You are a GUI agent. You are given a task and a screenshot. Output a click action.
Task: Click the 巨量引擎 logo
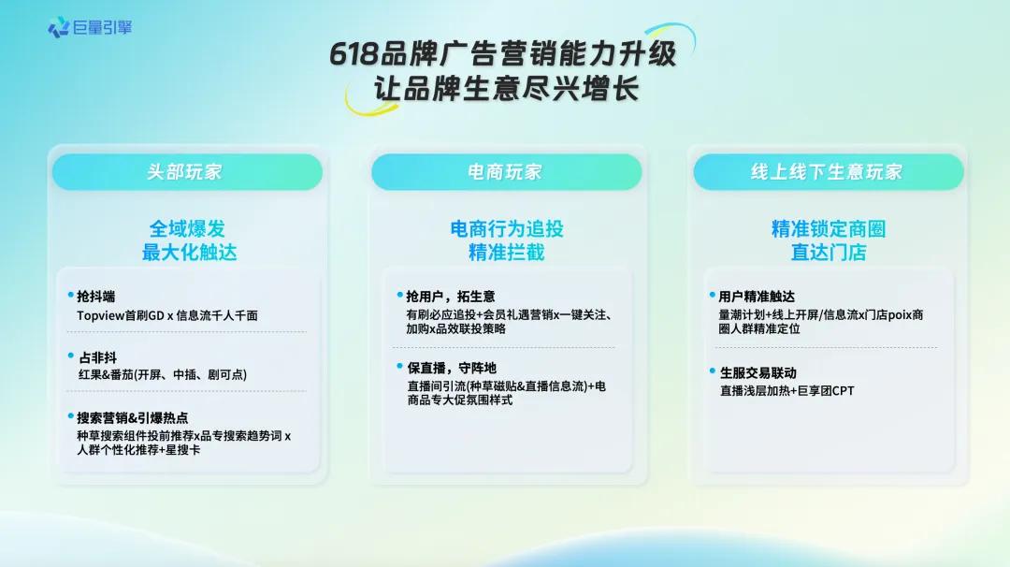pyautogui.click(x=90, y=27)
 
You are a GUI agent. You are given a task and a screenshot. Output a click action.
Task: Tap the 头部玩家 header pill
pyautogui.click(x=185, y=172)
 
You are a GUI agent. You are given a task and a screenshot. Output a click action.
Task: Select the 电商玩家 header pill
pyautogui.click(x=505, y=172)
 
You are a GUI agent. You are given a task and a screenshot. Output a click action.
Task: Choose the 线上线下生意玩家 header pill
pyautogui.click(x=827, y=172)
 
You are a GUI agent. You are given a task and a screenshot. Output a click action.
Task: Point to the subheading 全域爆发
pyautogui.click(x=188, y=228)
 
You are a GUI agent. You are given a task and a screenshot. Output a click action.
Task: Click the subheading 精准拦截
pyautogui.click(x=506, y=253)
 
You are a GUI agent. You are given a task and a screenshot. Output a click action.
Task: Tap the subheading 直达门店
pyautogui.click(x=828, y=253)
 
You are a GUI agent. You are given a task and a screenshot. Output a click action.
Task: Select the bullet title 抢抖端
pyautogui.click(x=96, y=297)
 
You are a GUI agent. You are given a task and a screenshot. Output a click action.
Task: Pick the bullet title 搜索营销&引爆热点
pyautogui.click(x=133, y=418)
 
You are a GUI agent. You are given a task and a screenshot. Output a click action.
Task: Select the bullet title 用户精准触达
pyautogui.click(x=757, y=297)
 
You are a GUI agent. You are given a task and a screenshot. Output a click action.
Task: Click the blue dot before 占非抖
pyautogui.click(x=71, y=356)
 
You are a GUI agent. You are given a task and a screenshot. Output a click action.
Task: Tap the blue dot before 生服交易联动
pyautogui.click(x=712, y=371)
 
